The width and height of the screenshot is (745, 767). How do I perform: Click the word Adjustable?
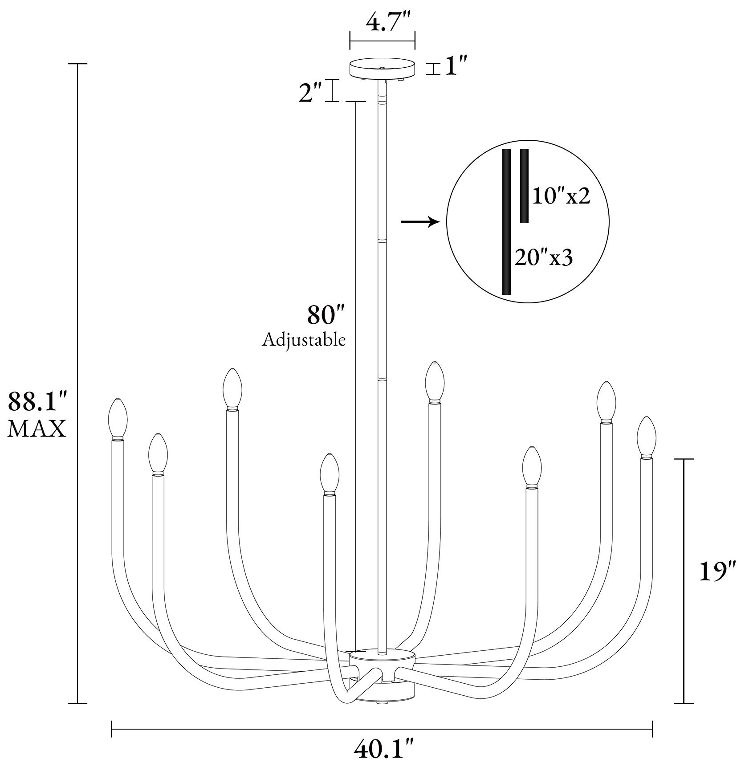pyautogui.click(x=304, y=340)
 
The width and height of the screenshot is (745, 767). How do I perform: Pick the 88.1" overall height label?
pyautogui.click(x=37, y=402)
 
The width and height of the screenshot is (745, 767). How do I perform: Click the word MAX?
pyautogui.click(x=37, y=429)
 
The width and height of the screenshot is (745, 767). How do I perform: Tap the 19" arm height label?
pyautogui.click(x=715, y=573)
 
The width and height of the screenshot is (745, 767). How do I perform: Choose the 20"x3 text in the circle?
pyautogui.click(x=543, y=258)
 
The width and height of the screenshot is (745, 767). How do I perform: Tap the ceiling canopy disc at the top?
pyautogui.click(x=382, y=68)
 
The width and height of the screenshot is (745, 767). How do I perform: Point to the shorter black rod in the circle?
pyautogui.click(x=524, y=186)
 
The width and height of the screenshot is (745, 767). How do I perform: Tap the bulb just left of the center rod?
pyautogui.click(x=330, y=473)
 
